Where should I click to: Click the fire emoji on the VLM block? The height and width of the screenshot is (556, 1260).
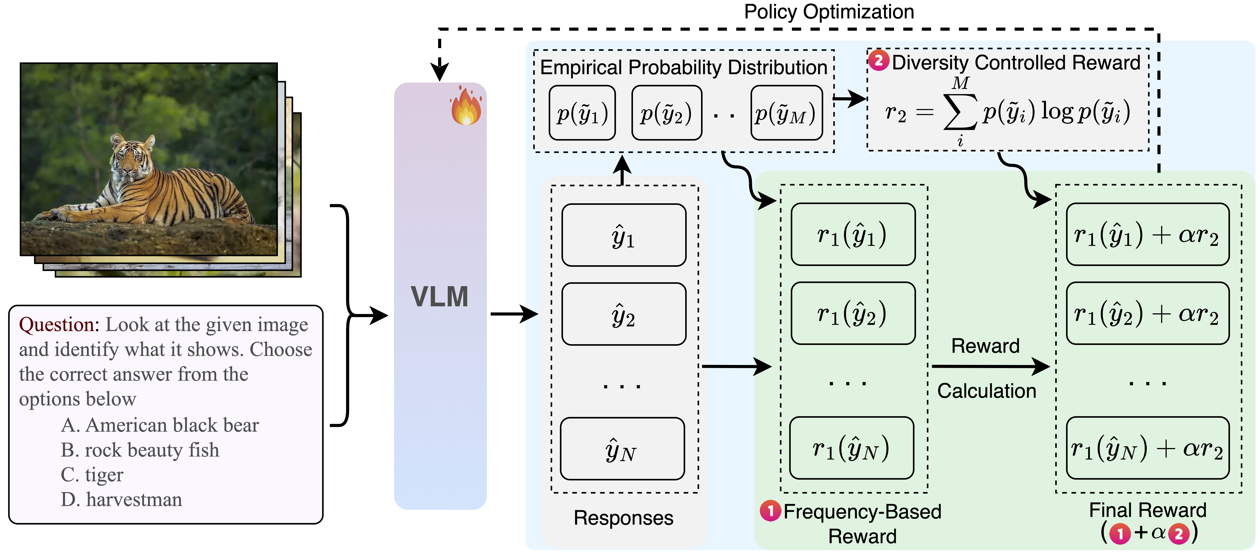pyautogui.click(x=466, y=106)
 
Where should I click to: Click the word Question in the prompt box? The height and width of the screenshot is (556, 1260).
pyautogui.click(x=59, y=325)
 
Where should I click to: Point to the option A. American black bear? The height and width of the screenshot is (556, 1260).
pyautogui.click(x=159, y=425)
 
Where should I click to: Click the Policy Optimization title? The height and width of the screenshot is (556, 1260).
pyautogui.click(x=829, y=12)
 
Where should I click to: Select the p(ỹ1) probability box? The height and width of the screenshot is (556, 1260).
pyautogui.click(x=582, y=113)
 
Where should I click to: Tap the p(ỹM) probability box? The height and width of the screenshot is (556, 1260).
pyautogui.click(x=786, y=113)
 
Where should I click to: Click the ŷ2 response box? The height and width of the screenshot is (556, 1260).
pyautogui.click(x=624, y=314)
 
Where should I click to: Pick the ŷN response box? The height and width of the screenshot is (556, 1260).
pyautogui.click(x=622, y=449)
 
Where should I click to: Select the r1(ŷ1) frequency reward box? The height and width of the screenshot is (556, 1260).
pyautogui.click(x=853, y=235)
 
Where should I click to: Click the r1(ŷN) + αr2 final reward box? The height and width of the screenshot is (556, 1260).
pyautogui.click(x=1147, y=448)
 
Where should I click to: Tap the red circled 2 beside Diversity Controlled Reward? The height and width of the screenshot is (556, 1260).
pyautogui.click(x=879, y=61)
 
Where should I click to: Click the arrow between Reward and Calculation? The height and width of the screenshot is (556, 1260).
pyautogui.click(x=990, y=366)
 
